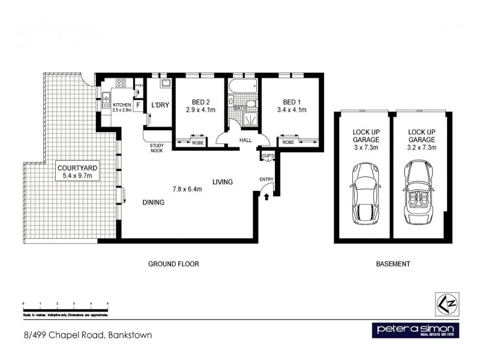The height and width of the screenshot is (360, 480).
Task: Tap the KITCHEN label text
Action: (121, 104)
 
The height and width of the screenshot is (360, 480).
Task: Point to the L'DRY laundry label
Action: (160, 105)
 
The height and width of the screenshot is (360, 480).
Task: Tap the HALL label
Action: (246, 140)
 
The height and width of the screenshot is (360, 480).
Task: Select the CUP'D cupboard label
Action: (268, 157)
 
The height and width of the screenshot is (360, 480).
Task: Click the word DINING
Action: (153, 203)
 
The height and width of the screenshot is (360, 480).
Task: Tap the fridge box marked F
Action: (137, 106)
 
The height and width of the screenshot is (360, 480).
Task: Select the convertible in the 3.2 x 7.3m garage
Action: (418, 191)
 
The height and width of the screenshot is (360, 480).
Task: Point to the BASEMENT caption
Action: (392, 264)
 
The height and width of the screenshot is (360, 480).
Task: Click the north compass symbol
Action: (445, 304)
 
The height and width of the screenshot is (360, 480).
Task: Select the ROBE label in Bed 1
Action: (289, 143)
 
